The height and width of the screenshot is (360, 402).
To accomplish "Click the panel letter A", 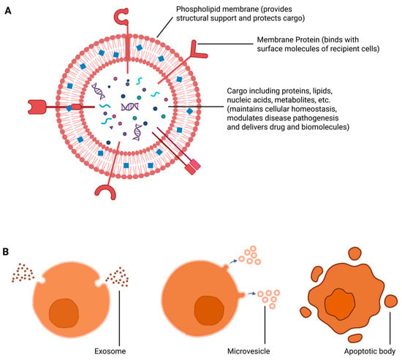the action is pyautogui.click(x=8, y=11).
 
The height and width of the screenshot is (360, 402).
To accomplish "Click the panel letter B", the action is pyautogui.click(x=6, y=252).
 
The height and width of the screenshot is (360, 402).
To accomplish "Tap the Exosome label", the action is pyautogui.click(x=110, y=351).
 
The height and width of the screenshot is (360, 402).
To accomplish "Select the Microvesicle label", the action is pyautogui.click(x=249, y=351).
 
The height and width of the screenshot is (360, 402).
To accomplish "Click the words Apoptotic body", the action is pyautogui.click(x=370, y=351).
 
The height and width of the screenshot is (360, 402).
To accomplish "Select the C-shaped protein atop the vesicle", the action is pyautogui.click(x=121, y=17).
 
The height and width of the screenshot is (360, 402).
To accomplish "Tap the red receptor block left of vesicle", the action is pyautogui.click(x=37, y=107).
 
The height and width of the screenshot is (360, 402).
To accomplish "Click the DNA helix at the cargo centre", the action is pyautogui.click(x=130, y=107).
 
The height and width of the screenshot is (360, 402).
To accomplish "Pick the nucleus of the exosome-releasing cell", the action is pyautogui.click(x=64, y=313).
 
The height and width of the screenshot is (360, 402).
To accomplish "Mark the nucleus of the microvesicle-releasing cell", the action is pyautogui.click(x=209, y=310).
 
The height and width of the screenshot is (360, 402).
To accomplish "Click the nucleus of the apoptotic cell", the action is pyautogui.click(x=340, y=305).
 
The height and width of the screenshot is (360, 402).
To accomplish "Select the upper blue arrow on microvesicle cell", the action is pyautogui.click(x=233, y=261).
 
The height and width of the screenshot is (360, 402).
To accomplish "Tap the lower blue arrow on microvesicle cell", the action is pyautogui.click(x=251, y=294).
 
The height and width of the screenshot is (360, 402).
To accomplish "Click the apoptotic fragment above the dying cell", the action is pyautogui.click(x=355, y=253).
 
